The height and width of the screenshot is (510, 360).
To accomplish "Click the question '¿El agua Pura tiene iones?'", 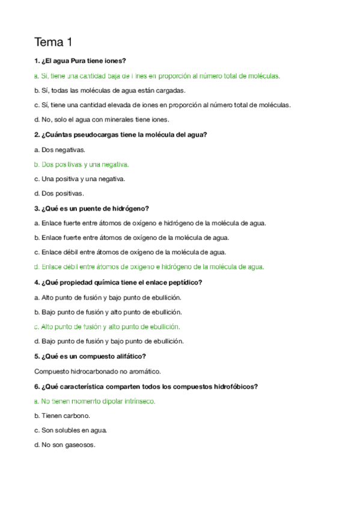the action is [81, 61].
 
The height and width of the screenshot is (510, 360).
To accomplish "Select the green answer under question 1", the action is [157, 76].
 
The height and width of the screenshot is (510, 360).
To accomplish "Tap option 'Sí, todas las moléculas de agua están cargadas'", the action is [110, 90].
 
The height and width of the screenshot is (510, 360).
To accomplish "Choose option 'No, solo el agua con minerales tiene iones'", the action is [102, 119].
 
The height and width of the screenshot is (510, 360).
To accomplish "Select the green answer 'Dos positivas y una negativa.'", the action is [82, 164].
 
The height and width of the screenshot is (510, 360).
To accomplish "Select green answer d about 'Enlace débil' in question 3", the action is [150, 267].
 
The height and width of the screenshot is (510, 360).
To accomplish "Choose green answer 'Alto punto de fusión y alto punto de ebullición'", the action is [108, 327].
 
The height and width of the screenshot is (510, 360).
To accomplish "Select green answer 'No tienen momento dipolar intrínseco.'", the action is [95, 401].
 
